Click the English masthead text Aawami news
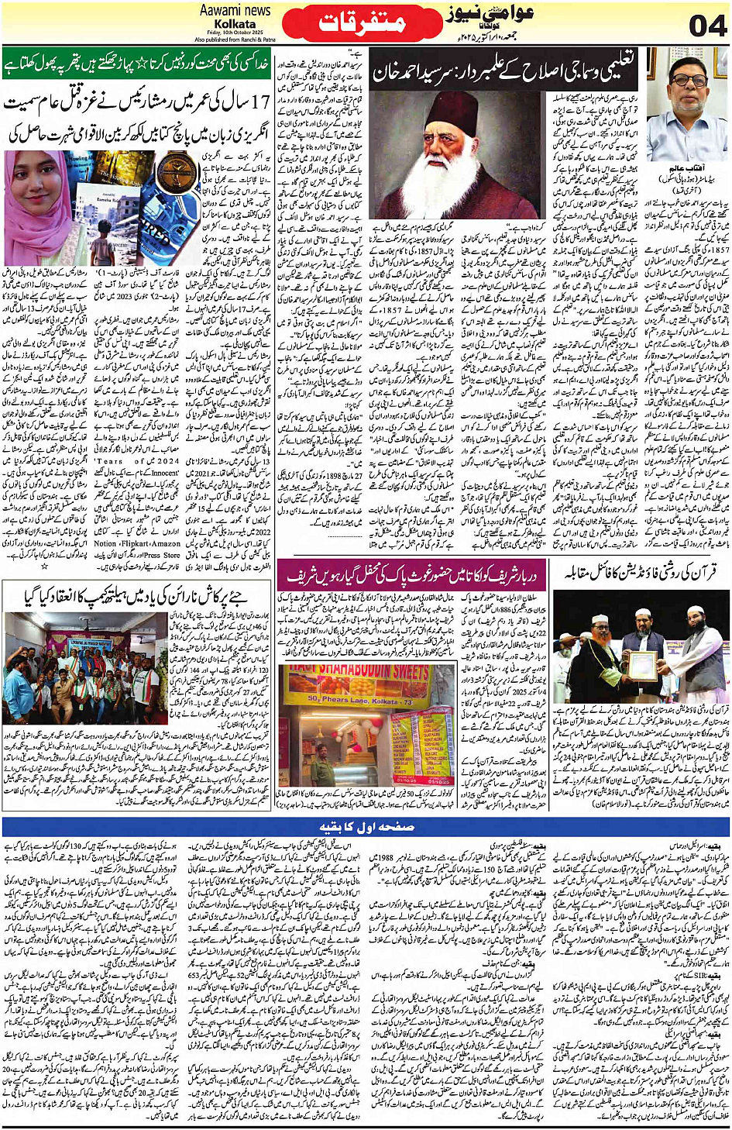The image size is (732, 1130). pyautogui.click(x=235, y=10)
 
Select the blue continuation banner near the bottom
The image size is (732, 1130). pyautogui.click(x=366, y=827)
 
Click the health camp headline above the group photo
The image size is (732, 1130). pyautogui.click(x=136, y=595)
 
